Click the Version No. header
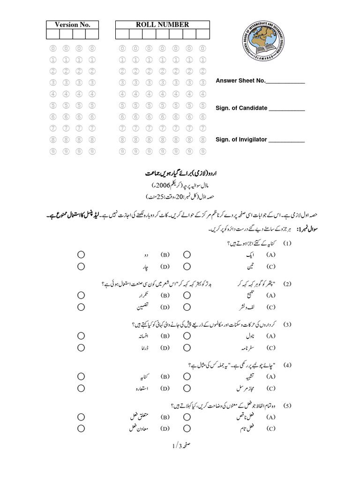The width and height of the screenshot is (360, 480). [x=72, y=25]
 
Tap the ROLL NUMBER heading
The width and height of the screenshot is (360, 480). [x=162, y=25]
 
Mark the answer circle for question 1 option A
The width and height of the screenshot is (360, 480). [x=187, y=255]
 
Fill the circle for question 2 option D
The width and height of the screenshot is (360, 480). [x=81, y=307]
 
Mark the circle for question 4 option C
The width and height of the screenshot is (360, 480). [x=187, y=388]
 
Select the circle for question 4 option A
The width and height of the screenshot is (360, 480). [x=187, y=376]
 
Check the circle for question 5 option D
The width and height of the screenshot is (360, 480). [x=81, y=428]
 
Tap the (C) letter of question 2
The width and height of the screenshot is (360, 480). [x=270, y=307]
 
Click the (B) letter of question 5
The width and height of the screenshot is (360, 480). [x=165, y=417]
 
